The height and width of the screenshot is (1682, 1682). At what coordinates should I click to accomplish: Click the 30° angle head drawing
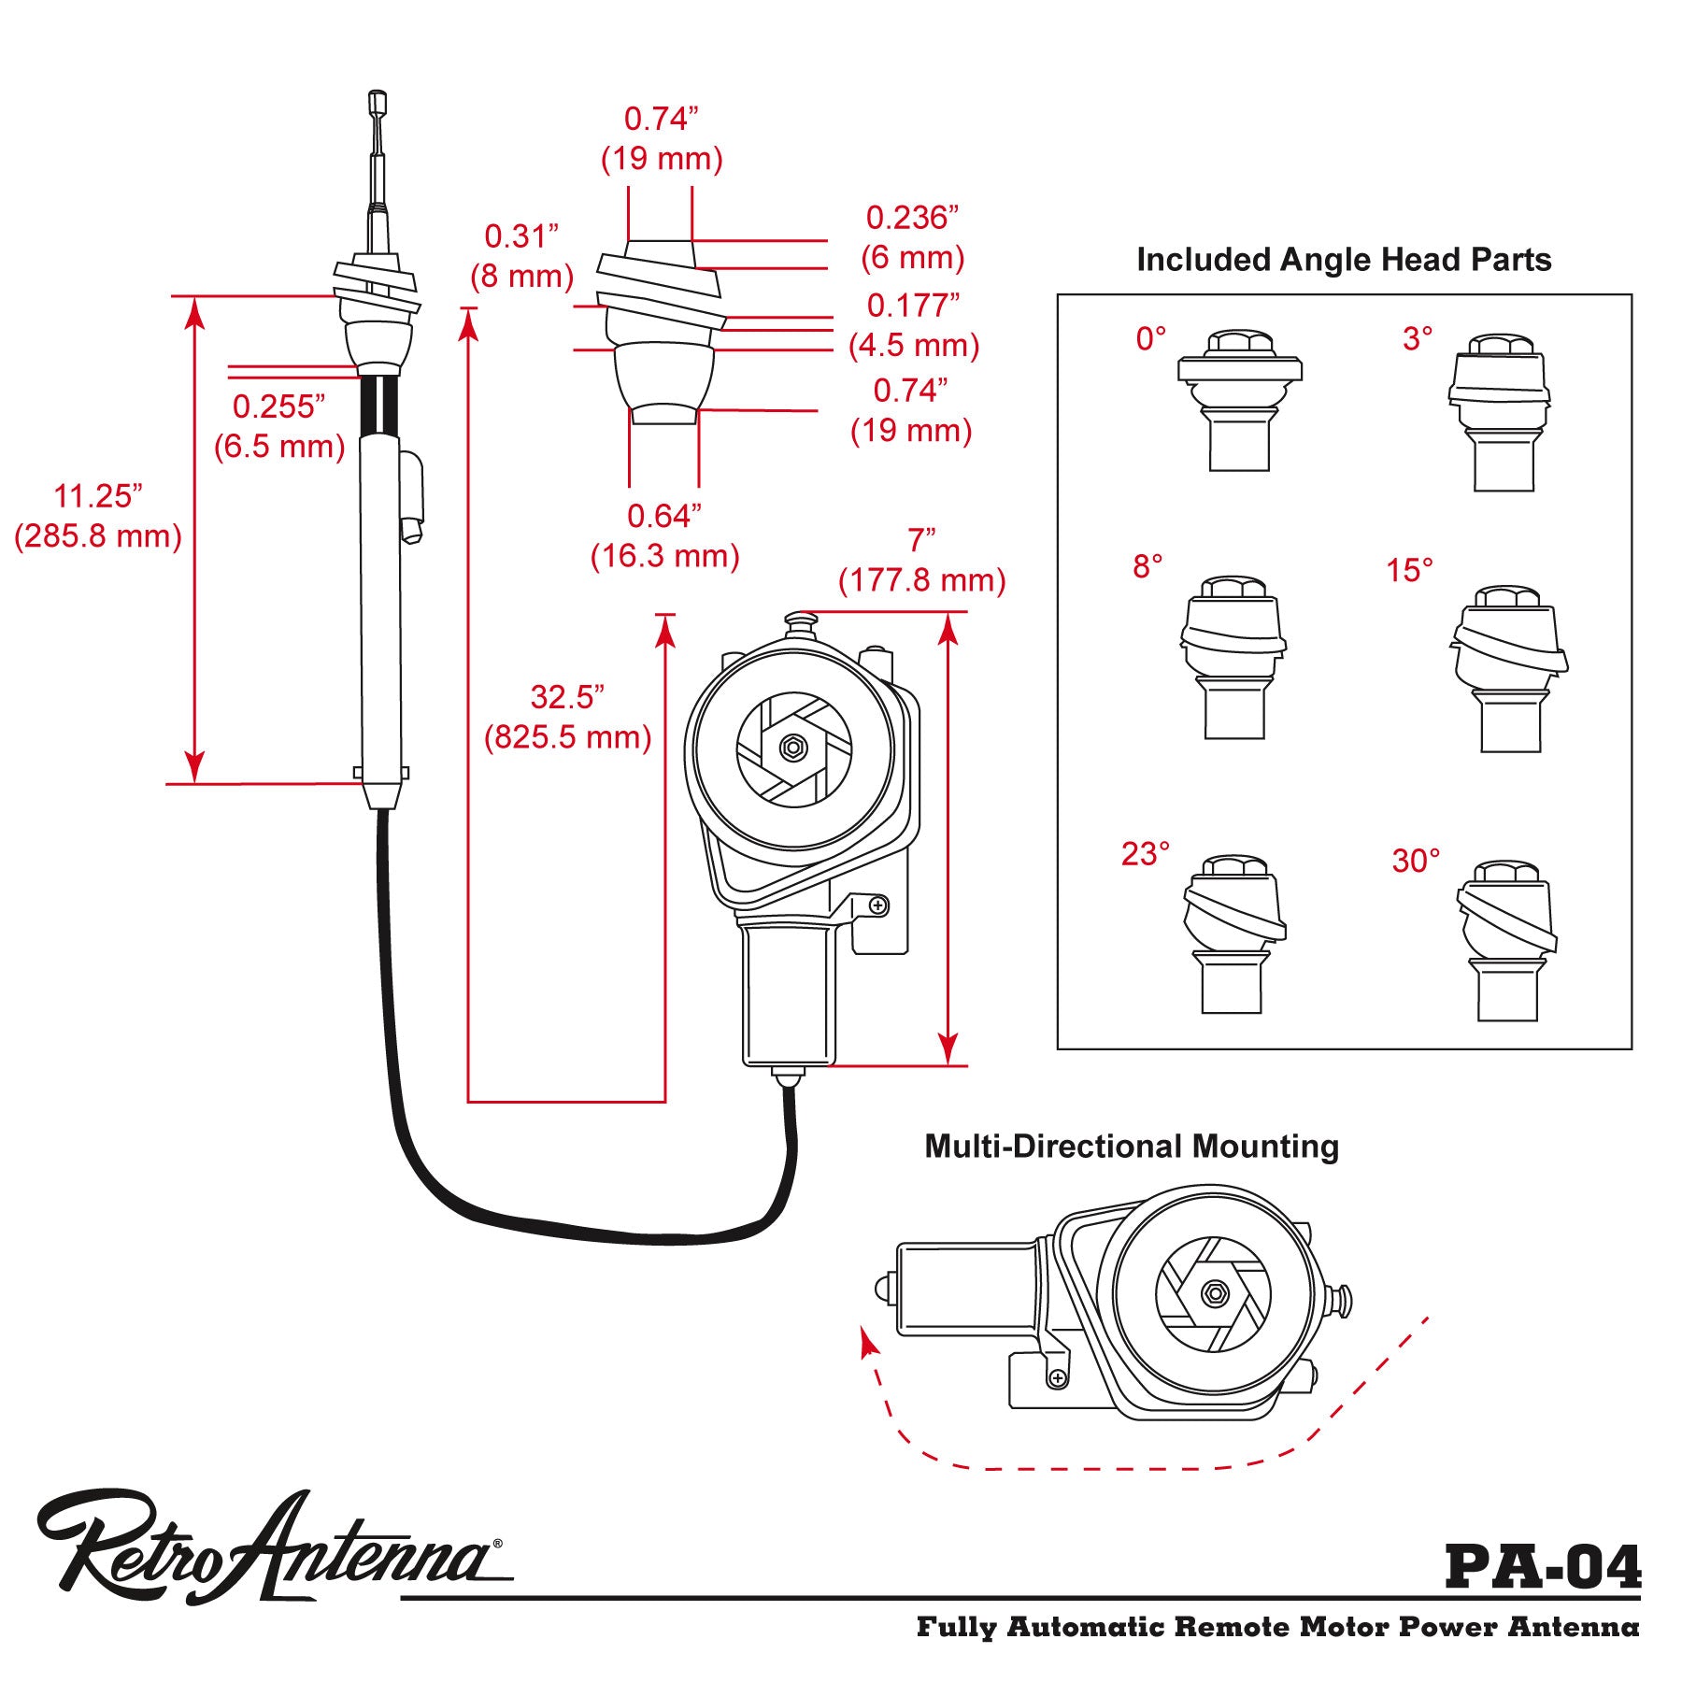click(x=1506, y=940)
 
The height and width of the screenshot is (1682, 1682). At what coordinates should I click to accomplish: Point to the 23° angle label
click(x=1146, y=854)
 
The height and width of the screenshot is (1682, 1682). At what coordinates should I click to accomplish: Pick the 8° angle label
click(x=1147, y=566)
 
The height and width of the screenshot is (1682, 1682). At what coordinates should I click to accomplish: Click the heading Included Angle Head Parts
click(x=1344, y=260)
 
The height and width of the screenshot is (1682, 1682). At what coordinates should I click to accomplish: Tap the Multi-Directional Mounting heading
click(x=1132, y=1147)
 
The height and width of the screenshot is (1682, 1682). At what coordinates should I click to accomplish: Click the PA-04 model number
click(x=1543, y=1567)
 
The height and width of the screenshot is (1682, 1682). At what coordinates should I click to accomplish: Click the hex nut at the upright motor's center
click(x=793, y=748)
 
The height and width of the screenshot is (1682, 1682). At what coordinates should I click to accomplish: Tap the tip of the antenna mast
click(x=378, y=96)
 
